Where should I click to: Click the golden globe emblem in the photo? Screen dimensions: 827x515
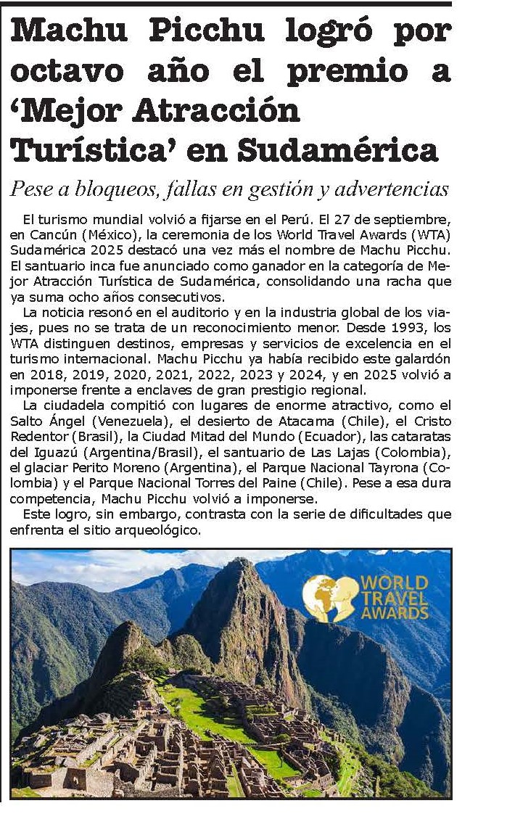(329, 598)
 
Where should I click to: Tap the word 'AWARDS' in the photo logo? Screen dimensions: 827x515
(394, 613)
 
